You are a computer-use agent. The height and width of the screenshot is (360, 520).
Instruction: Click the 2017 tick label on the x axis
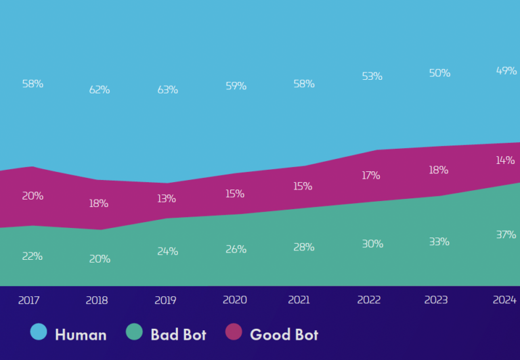[x=29, y=300]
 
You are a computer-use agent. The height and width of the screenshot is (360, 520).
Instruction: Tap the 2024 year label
[x=504, y=299]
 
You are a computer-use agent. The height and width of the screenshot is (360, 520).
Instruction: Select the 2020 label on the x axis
[x=235, y=300]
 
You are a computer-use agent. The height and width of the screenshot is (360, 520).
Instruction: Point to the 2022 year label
[x=369, y=300]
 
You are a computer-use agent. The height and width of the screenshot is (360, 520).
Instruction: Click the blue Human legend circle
[x=39, y=332]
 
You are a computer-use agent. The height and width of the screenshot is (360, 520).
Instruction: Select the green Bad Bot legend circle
[x=135, y=332]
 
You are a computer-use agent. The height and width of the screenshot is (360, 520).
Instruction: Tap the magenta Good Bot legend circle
[x=234, y=332]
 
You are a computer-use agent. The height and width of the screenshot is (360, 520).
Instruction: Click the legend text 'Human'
[x=81, y=334]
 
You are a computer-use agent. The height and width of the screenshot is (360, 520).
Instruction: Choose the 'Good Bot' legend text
[x=284, y=334]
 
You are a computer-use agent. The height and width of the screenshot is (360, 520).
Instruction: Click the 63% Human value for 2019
[x=167, y=89]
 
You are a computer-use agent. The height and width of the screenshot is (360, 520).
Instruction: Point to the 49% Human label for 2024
[x=506, y=70]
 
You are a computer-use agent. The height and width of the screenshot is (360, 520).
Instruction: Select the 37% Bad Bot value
[x=506, y=235]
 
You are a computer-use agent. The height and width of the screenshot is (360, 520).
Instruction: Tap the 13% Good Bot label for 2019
[x=166, y=198]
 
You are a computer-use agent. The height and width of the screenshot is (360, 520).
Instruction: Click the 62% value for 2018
[x=100, y=89]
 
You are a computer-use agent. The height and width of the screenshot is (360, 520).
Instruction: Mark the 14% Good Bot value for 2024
[x=506, y=160]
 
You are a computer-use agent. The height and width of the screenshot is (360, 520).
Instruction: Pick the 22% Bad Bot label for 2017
[x=32, y=256]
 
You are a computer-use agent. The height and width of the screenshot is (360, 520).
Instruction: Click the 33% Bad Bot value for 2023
[x=439, y=242]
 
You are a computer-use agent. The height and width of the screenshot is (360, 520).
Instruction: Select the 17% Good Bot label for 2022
[x=370, y=175]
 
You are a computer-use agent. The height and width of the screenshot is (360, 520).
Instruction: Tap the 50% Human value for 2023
[x=439, y=73]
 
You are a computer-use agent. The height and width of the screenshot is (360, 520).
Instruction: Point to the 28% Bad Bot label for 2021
[x=303, y=247]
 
